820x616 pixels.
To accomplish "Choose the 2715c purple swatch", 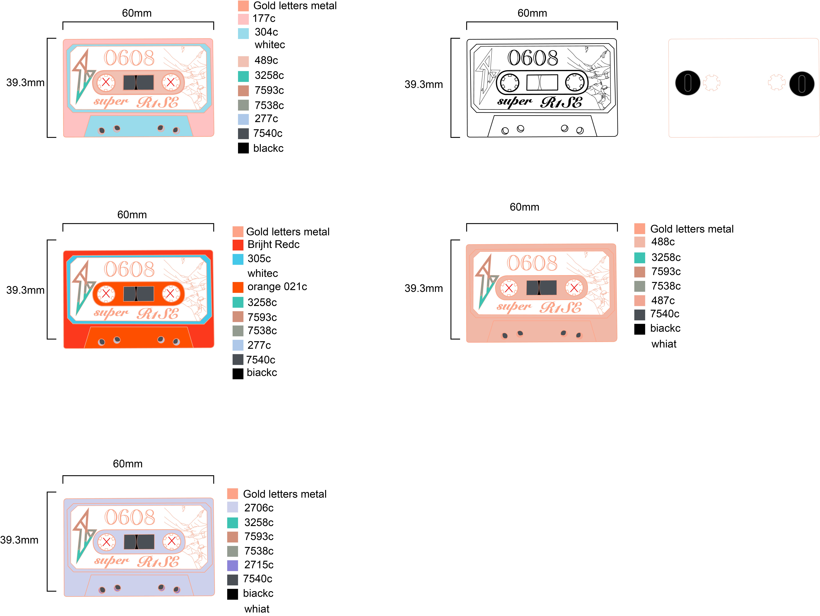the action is point(232,565).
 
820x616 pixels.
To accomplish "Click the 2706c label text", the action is point(259,508).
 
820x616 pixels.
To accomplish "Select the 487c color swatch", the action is point(639,300).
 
